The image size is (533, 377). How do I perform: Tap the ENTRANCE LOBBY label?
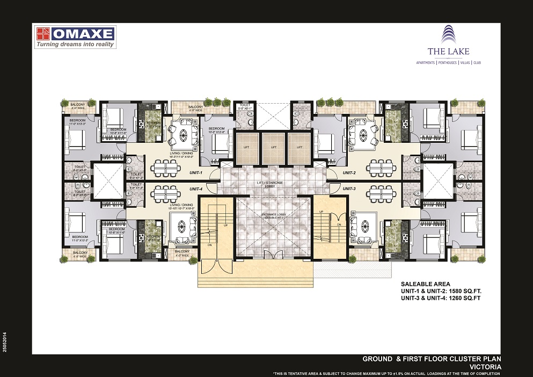point(273,215)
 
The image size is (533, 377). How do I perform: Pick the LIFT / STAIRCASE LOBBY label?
point(273,185)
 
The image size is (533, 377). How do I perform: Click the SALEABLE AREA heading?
point(425,284)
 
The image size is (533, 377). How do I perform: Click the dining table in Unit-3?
point(383,193)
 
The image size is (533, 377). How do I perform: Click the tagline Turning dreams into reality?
point(75,45)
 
